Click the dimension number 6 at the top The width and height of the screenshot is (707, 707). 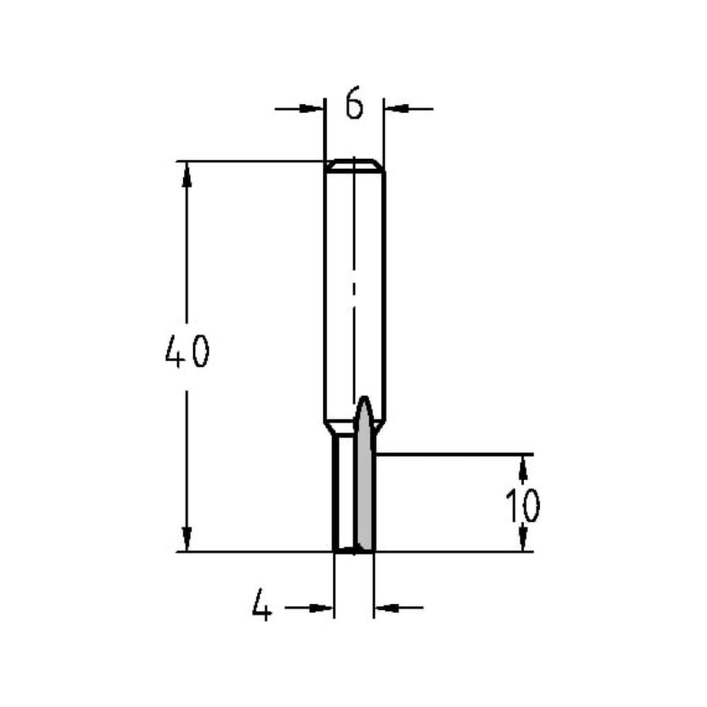354,105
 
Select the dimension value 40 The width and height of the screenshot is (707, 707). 187,351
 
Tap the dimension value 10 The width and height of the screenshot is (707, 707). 523,505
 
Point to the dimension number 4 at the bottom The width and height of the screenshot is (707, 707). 262,607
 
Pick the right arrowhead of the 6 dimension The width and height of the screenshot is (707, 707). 396,109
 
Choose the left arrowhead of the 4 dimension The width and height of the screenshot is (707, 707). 322,607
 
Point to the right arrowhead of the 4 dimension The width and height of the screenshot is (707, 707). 385,607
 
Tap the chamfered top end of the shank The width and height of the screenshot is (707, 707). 354,165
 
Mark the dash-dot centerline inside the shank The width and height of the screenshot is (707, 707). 353,297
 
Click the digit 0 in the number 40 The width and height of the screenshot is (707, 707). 199,351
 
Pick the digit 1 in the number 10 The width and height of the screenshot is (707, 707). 512,505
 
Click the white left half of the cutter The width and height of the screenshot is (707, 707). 344,495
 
